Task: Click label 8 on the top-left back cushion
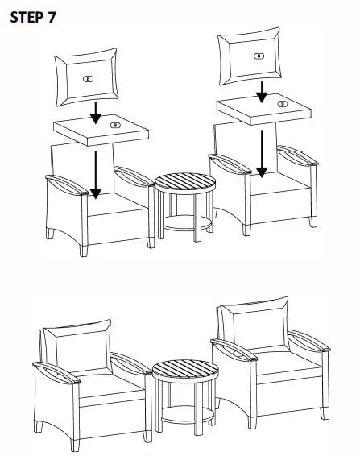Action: click(88, 79)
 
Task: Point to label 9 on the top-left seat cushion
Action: click(114, 126)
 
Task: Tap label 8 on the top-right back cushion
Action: click(258, 56)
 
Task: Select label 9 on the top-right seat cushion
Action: click(281, 103)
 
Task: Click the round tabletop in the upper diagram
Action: click(184, 181)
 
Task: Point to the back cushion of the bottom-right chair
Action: click(253, 321)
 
